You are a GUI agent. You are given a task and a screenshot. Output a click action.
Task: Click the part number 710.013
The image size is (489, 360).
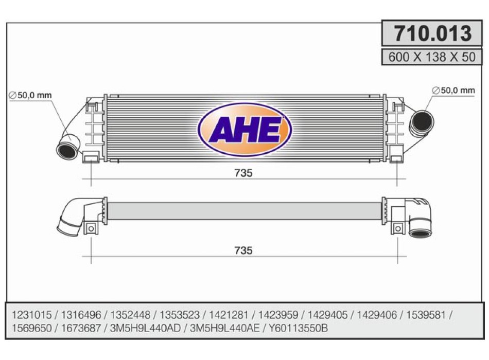click(x=432, y=33)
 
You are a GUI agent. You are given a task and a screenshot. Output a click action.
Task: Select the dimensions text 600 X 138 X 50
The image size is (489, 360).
click(x=432, y=57)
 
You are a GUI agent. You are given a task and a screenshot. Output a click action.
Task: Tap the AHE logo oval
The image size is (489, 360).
click(x=245, y=130)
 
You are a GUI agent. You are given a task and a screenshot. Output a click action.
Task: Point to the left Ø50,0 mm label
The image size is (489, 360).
click(x=30, y=95)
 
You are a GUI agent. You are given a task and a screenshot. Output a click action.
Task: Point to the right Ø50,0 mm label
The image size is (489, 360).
click(x=453, y=91)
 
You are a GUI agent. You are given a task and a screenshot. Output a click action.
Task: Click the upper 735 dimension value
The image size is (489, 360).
click(x=243, y=173)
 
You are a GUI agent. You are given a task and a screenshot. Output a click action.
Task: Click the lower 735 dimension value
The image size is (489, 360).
click(x=243, y=250)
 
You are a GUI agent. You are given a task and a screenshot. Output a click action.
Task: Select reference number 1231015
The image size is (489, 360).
click(x=32, y=315)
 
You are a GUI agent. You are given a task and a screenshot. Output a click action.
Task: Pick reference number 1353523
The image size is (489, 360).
click(x=180, y=315)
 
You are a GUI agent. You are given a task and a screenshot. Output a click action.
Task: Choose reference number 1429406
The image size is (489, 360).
click(x=377, y=315)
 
